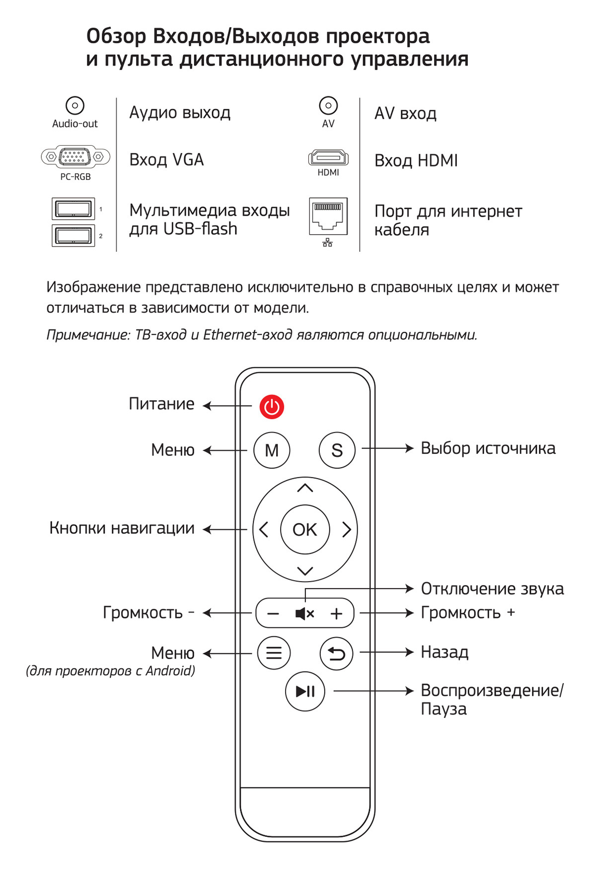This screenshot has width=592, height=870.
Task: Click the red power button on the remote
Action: tap(272, 407)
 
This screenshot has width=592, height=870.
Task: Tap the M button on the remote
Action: tap(272, 450)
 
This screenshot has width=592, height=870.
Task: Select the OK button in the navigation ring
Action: tap(305, 529)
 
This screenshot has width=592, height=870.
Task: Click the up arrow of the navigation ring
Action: tap(305, 488)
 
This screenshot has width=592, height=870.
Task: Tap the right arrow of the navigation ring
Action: tap(347, 529)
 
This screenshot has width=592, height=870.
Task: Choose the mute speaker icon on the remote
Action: tap(304, 613)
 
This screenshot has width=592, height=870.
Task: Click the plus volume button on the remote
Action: tap(337, 613)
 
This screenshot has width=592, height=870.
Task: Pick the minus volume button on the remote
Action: tap(273, 613)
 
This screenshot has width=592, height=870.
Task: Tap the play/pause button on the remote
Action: tap(305, 691)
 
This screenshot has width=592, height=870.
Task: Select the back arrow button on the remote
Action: tap(336, 653)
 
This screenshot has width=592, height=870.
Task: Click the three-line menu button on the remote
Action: tap(274, 653)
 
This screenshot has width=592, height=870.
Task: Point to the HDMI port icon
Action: tap(328, 158)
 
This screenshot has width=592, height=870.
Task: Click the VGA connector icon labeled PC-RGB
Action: tap(75, 157)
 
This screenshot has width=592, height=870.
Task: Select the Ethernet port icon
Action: tap(328, 216)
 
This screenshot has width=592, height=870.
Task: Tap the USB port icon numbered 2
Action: tap(73, 236)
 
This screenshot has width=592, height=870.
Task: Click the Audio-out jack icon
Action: tap(75, 105)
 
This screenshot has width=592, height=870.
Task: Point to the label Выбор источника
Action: tap(488, 448)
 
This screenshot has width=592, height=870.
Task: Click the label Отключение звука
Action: tap(492, 589)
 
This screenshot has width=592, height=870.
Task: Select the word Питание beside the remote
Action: tap(161, 404)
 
